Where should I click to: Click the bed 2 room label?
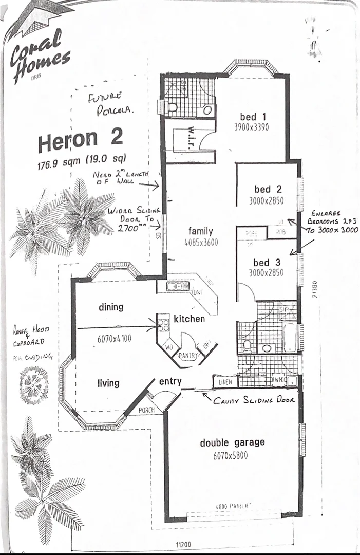coord(267,189)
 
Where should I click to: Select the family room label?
coord(200,231)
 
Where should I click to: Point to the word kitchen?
coord(189,319)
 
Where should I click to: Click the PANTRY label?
coord(187,355)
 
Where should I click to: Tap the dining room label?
coord(111,307)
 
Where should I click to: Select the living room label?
coord(108,383)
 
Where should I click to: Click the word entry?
coord(170,381)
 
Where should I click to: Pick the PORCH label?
coord(146,410)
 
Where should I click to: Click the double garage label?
coord(233,442)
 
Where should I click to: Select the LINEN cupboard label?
coord(225,382)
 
